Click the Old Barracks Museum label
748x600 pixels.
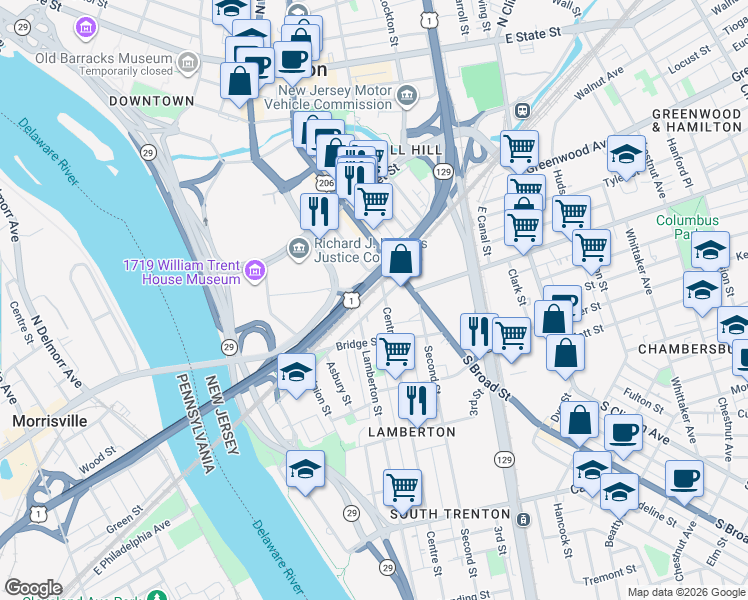[104, 58]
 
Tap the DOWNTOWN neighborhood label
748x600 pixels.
[151, 101]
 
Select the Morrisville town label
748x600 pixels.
[52, 421]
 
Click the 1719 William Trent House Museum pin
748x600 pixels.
[256, 269]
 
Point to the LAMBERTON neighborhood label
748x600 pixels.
[411, 432]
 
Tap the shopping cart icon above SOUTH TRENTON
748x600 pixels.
[402, 488]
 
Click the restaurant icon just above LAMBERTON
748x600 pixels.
[417, 400]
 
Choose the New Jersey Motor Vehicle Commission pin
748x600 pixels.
[407, 96]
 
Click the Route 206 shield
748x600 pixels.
[326, 184]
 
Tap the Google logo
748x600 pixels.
[33, 588]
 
